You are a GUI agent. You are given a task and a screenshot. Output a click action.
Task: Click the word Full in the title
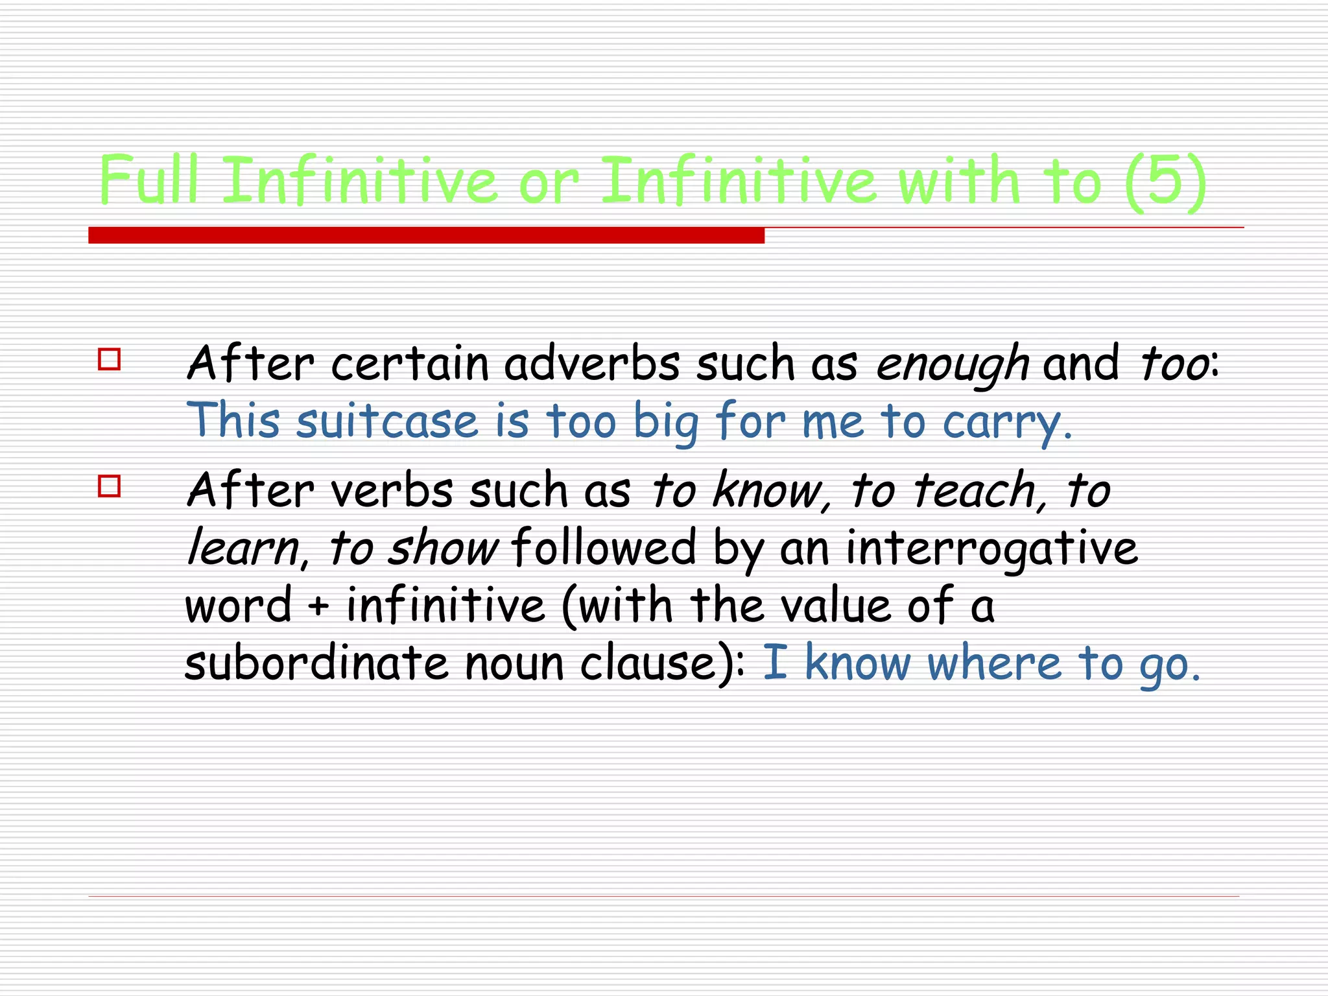148,180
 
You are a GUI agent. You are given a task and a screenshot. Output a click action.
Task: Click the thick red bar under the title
426,235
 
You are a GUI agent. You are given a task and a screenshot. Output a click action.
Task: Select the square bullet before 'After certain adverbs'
109,359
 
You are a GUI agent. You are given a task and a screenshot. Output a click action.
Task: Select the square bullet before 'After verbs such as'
109,486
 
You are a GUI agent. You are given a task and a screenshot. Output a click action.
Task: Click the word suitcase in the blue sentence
387,421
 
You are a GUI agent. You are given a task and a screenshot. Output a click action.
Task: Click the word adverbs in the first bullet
592,363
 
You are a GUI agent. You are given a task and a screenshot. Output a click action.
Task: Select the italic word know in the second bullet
768,490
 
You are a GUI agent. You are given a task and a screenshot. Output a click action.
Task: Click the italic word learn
242,548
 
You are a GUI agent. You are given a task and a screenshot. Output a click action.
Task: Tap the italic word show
443,548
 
